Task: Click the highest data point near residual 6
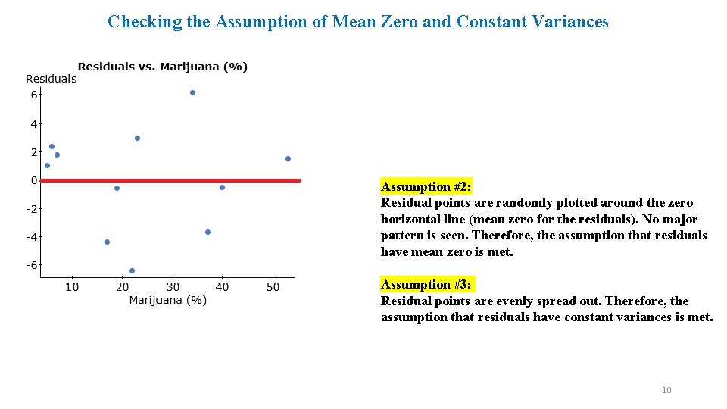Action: tap(192, 93)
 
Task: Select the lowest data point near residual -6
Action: tap(132, 270)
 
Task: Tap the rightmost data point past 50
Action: tap(288, 158)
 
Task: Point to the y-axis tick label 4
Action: tap(33, 123)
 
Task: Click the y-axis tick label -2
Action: tap(32, 208)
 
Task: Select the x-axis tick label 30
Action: tap(173, 287)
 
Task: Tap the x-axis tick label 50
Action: tap(273, 287)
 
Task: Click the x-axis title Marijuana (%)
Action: tap(167, 301)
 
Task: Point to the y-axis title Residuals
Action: tap(51, 78)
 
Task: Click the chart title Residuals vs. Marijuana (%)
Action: tap(163, 67)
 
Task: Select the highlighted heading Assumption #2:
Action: tap(426, 186)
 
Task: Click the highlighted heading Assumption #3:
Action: tap(426, 284)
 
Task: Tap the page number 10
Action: tap(666, 390)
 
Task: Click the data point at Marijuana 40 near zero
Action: tap(222, 187)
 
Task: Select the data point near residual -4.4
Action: tap(107, 242)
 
